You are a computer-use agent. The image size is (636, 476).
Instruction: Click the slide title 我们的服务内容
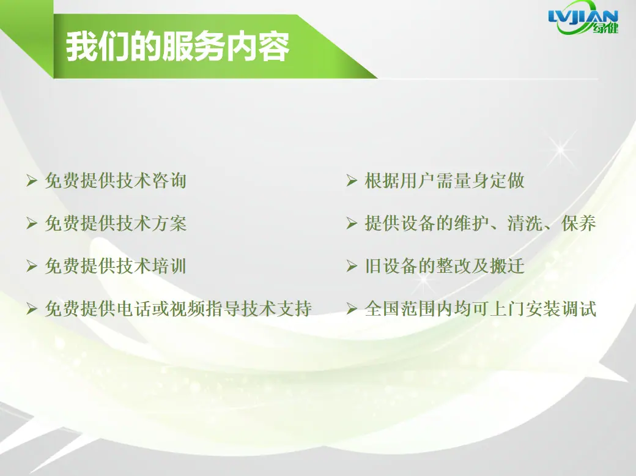pyautogui.click(x=178, y=46)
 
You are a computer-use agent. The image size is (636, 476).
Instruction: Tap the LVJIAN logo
pyautogui.click(x=583, y=18)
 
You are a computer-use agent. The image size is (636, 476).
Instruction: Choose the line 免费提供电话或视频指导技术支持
pyautogui.click(x=179, y=309)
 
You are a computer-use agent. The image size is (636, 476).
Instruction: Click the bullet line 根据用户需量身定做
pyautogui.click(x=445, y=180)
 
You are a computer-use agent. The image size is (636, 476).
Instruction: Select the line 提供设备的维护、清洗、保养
pyautogui.click(x=480, y=223)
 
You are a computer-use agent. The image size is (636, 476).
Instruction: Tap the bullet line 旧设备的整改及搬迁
pyautogui.click(x=445, y=266)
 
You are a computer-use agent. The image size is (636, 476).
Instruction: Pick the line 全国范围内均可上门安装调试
pyautogui.click(x=480, y=309)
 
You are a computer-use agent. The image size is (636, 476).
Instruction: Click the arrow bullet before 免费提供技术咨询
pyautogui.click(x=32, y=180)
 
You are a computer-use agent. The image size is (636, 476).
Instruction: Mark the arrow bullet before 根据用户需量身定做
pyautogui.click(x=352, y=180)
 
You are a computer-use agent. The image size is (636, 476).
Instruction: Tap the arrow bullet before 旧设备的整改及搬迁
pyautogui.click(x=352, y=266)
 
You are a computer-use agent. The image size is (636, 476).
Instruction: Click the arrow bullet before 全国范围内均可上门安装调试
pyautogui.click(x=352, y=309)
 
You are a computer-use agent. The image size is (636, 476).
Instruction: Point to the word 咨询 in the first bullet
pyautogui.click(x=169, y=180)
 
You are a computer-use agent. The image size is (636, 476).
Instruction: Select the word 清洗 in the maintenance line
pyautogui.click(x=525, y=223)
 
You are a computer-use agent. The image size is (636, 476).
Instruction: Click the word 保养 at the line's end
pyautogui.click(x=579, y=223)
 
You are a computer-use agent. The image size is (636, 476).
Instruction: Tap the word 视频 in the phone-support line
pyautogui.click(x=187, y=309)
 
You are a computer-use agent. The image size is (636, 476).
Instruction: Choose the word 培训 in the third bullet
pyautogui.click(x=169, y=266)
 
